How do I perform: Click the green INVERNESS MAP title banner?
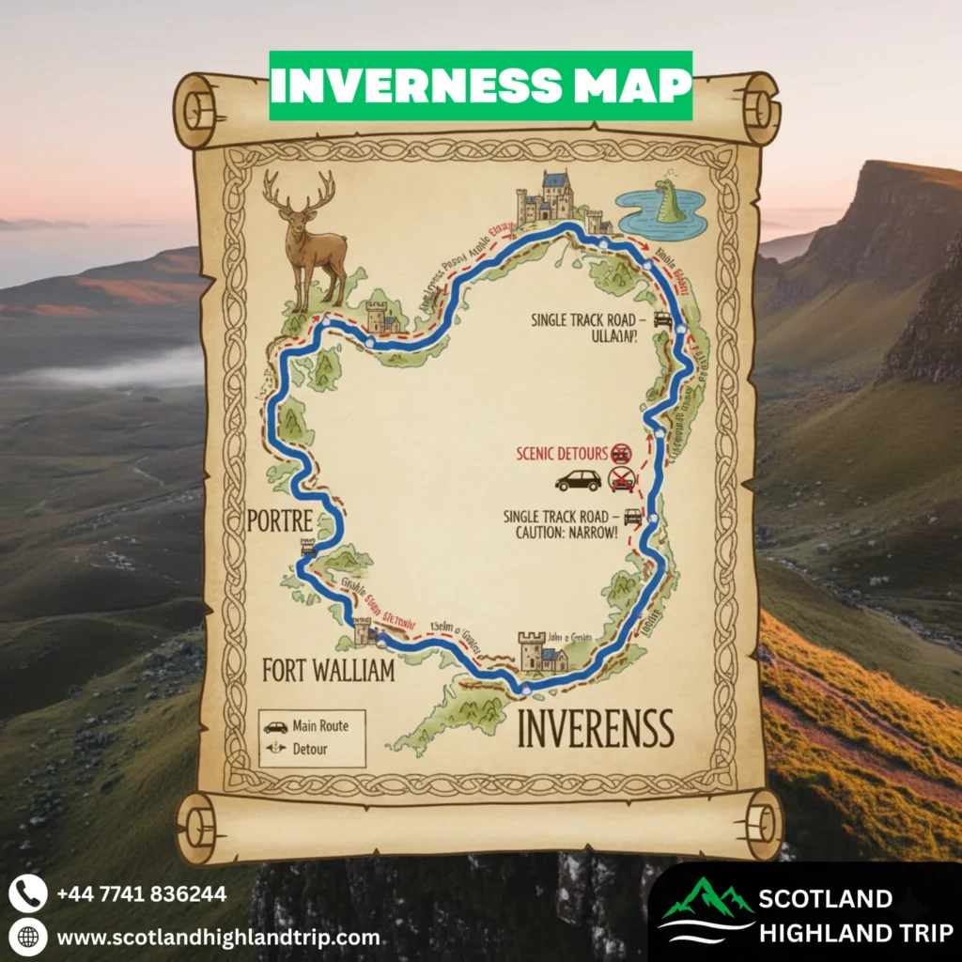[481, 85]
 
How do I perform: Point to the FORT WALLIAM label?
[329, 674]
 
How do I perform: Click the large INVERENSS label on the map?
[596, 728]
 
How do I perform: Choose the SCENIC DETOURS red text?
[562, 454]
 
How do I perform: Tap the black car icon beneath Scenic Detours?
[578, 481]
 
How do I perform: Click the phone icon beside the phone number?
[27, 892]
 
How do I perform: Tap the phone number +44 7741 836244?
[142, 893]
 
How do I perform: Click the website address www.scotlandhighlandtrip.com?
[218, 937]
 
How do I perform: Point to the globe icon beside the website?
[27, 937]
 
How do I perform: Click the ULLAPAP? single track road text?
[609, 335]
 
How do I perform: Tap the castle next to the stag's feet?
[384, 318]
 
